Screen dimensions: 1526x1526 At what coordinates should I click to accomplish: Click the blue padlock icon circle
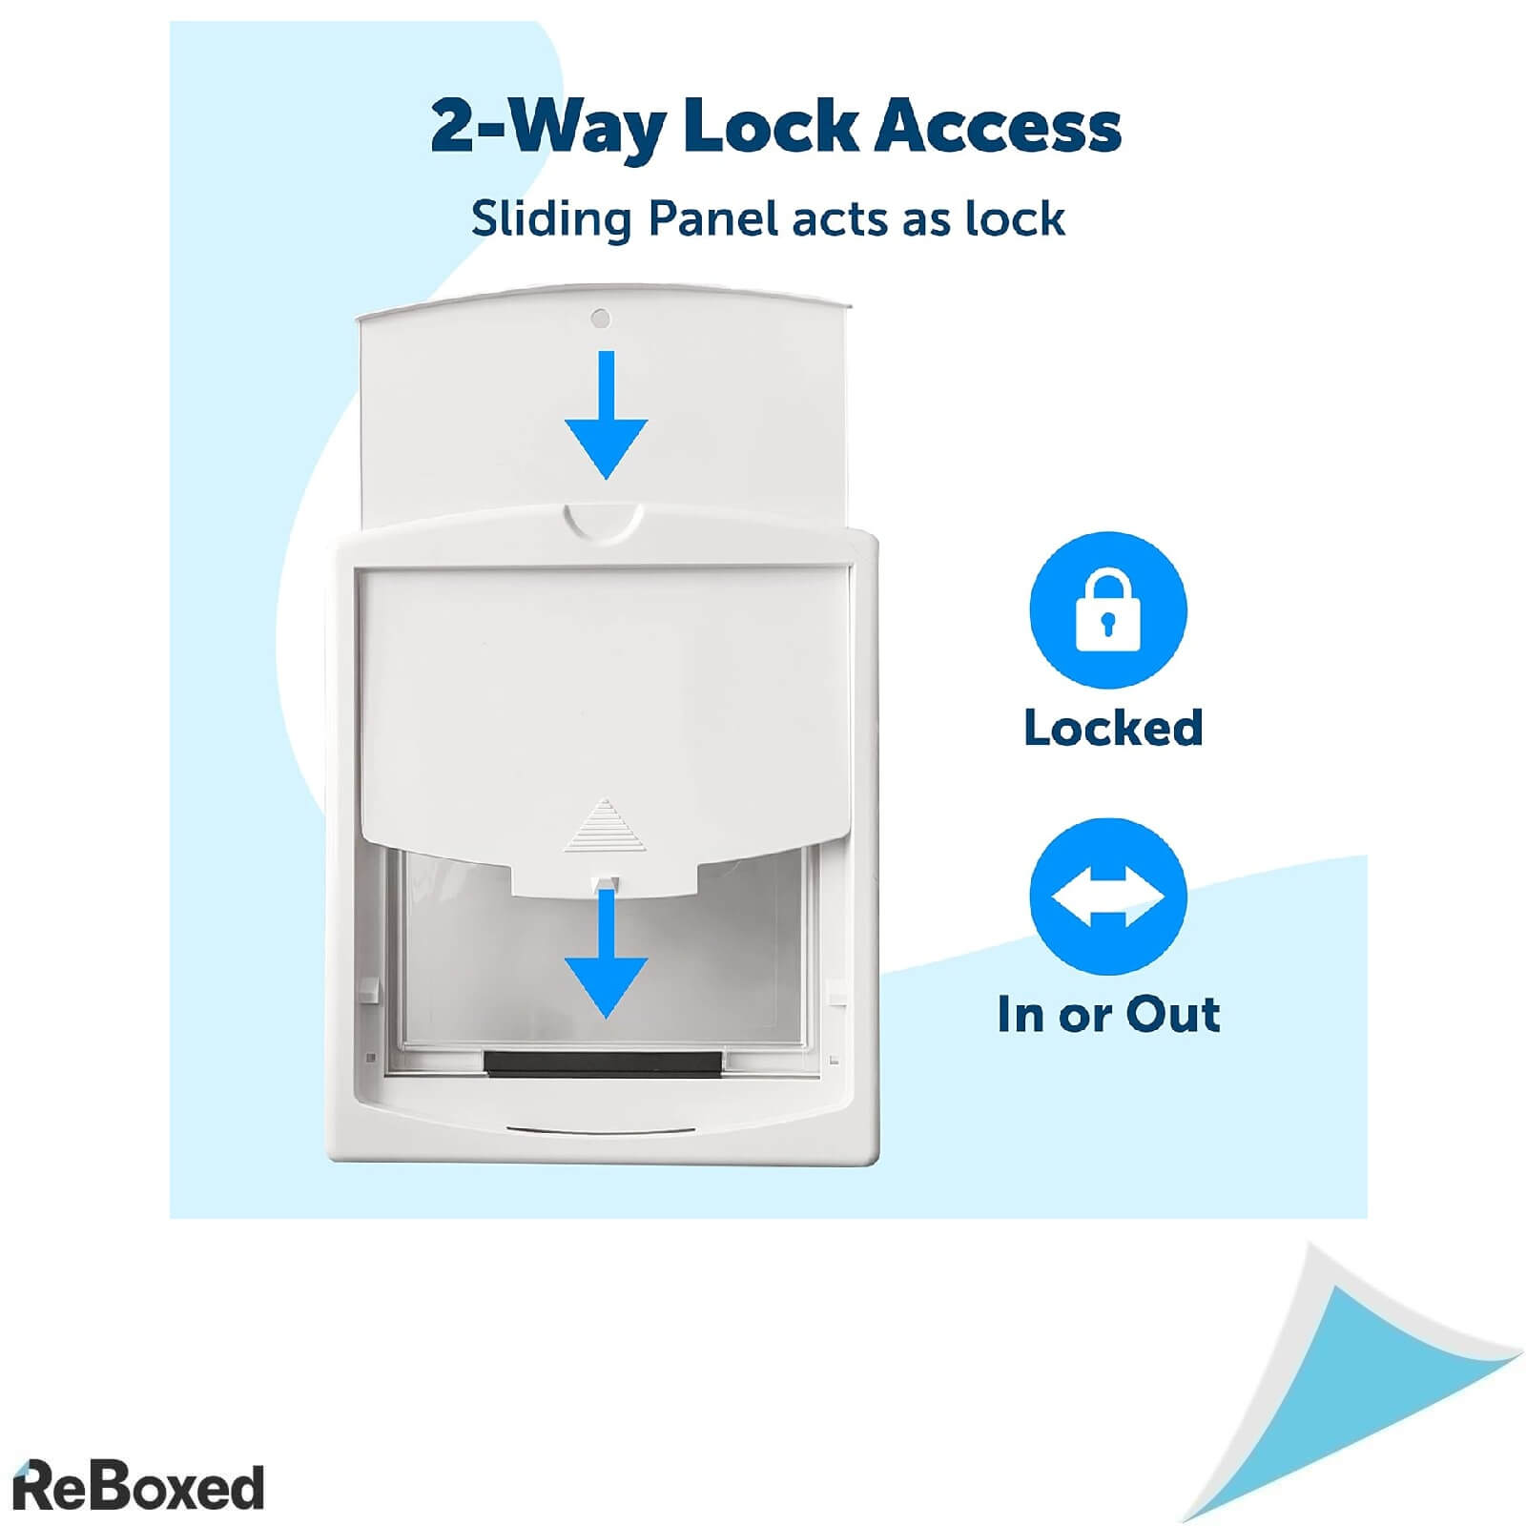[x=1107, y=611]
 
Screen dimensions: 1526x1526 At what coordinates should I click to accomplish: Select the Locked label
[x=1112, y=728]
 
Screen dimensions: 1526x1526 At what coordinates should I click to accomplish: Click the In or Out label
[x=1108, y=1014]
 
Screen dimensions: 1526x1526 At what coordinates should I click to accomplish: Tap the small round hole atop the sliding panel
[x=600, y=318]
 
